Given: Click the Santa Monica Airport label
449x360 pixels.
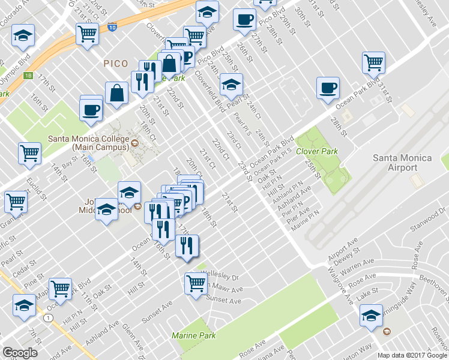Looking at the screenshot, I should click(x=402, y=163).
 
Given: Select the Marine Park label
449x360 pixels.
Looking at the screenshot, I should click(x=193, y=335).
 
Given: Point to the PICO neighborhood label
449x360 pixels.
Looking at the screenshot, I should click(x=116, y=62).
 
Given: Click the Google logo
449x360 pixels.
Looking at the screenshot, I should click(x=20, y=353).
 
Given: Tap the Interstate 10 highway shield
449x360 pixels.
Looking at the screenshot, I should click(x=112, y=27).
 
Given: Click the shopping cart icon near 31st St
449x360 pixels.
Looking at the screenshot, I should click(x=373, y=62).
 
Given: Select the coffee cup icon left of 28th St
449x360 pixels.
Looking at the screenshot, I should click(x=328, y=88).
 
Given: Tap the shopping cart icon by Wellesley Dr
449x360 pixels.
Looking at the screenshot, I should click(x=196, y=282).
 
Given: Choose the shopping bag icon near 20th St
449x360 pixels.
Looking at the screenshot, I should click(x=116, y=92).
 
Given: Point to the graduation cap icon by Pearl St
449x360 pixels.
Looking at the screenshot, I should click(x=231, y=85).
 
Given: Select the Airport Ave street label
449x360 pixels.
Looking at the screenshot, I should click(x=343, y=252).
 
